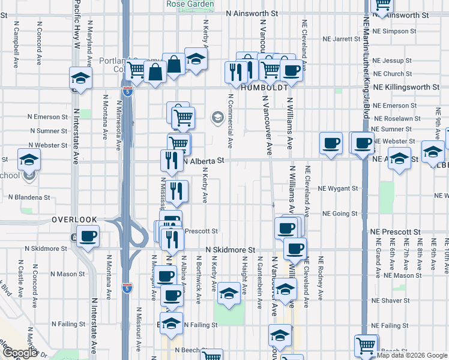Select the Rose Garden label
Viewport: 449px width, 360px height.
tap(190, 4)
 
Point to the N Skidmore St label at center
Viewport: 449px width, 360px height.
tap(231, 249)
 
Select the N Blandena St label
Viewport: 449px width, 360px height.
tap(29, 197)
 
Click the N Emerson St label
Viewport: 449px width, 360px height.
tap(47, 117)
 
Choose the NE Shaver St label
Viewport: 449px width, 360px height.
tap(390, 300)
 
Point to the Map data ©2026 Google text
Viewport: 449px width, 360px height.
tap(412, 355)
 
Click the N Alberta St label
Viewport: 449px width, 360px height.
tap(203, 161)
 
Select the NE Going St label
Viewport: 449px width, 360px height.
tap(340, 214)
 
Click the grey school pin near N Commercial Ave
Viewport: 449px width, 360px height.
tap(215, 117)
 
